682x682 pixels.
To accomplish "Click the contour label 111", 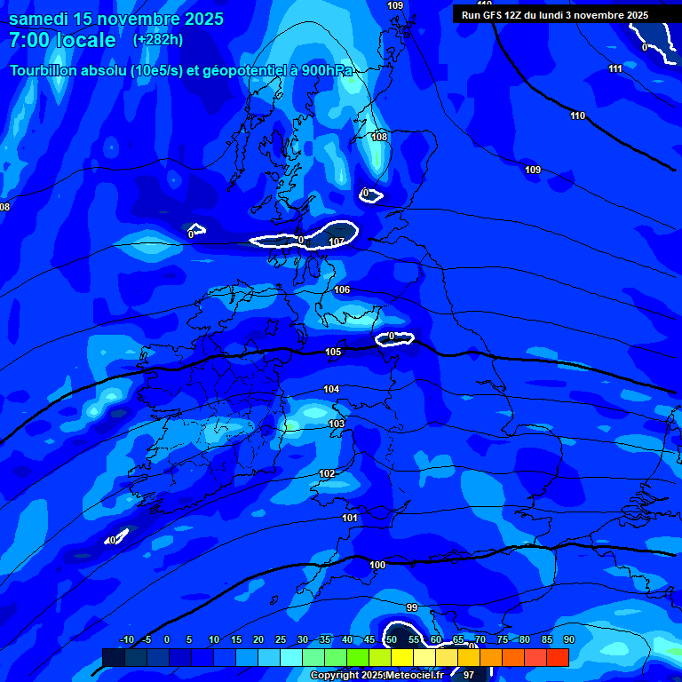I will pyautogui.click(x=615, y=68).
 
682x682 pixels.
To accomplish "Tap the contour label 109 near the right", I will pyautogui.click(x=533, y=170).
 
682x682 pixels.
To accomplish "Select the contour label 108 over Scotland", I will pyautogui.click(x=379, y=137).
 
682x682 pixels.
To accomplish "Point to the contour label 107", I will pyautogui.click(x=337, y=242).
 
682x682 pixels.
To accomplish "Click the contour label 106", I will pyautogui.click(x=342, y=290).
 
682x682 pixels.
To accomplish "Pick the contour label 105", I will pyautogui.click(x=333, y=353).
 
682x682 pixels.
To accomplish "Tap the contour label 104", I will pyautogui.click(x=331, y=389).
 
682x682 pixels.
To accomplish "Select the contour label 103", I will pyautogui.click(x=337, y=424).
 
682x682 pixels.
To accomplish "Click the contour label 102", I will pyautogui.click(x=327, y=473).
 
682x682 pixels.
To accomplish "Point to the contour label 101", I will pyautogui.click(x=350, y=518).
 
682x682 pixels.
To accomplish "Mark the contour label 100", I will pyautogui.click(x=377, y=565).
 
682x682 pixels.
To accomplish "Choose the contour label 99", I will pyautogui.click(x=411, y=607).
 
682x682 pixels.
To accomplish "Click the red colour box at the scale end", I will pyautogui.click(x=557, y=657).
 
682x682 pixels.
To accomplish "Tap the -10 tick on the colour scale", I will pyautogui.click(x=127, y=639).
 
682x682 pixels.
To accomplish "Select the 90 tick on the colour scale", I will pyautogui.click(x=568, y=639).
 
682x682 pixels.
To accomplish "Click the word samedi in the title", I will pyautogui.click(x=41, y=19).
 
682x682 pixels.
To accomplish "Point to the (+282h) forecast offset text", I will pyautogui.click(x=158, y=39).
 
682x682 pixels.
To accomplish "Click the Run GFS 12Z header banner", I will pyautogui.click(x=555, y=15).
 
